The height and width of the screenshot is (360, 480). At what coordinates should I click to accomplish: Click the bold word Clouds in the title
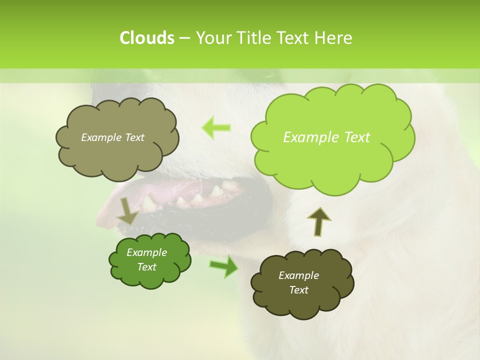[x=146, y=38]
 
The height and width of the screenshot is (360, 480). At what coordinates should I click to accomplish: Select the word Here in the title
[x=333, y=38]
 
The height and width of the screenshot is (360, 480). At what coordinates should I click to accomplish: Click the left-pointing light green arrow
[x=216, y=127]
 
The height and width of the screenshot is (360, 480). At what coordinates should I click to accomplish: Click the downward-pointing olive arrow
[x=127, y=211]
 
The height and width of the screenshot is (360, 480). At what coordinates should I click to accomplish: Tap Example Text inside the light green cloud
[x=326, y=137]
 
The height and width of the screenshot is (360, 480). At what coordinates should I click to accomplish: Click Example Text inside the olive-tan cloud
[x=112, y=137]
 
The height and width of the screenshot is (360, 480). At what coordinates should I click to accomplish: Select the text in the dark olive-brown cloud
[x=298, y=282]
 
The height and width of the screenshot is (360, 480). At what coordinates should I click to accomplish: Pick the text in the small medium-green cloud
[x=146, y=259]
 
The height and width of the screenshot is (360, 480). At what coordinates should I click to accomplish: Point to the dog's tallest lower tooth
[x=216, y=191]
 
